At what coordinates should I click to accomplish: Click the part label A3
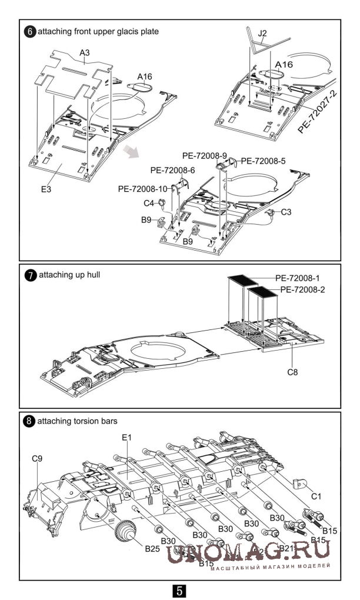[85, 53]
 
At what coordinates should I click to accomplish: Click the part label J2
[263, 33]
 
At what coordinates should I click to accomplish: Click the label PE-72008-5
[264, 160]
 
